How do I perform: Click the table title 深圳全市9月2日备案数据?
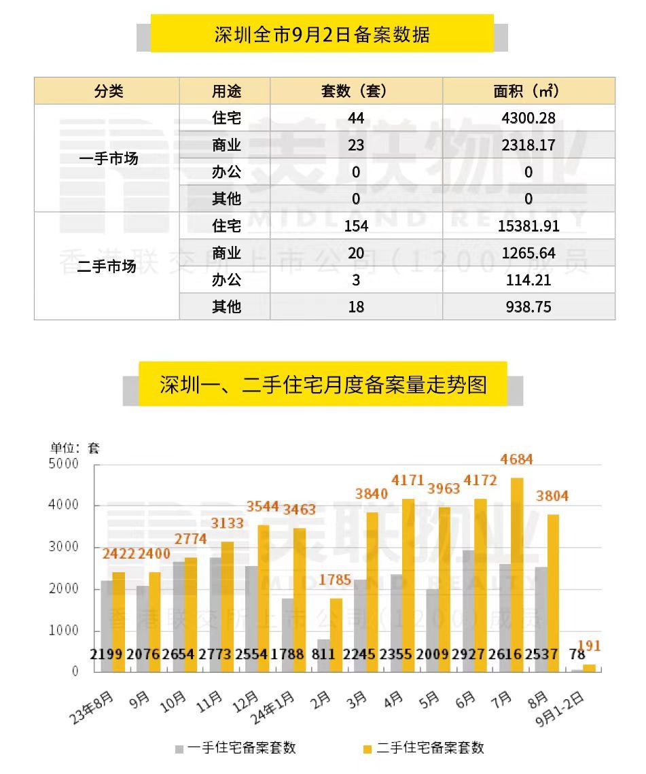click(322, 34)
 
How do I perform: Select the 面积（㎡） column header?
click(528, 91)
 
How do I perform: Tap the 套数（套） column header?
click(355, 91)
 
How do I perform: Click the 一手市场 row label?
click(108, 158)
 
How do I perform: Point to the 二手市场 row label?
click(107, 266)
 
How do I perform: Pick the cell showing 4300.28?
click(528, 118)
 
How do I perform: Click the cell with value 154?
click(355, 226)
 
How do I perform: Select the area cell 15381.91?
click(528, 226)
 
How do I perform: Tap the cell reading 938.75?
click(528, 306)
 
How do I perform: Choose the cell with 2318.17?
click(528, 145)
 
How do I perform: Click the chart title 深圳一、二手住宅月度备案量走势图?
click(323, 385)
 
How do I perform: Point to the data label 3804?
click(552, 496)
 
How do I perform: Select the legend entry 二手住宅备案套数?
click(424, 748)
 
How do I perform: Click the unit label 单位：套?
click(75, 448)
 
